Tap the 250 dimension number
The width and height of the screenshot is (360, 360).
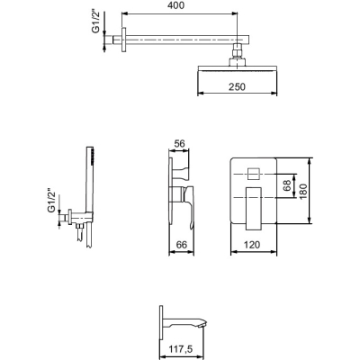click(237, 86)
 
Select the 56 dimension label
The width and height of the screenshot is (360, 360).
click(179, 143)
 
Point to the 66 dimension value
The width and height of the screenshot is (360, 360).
click(181, 245)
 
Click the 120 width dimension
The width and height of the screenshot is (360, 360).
click(252, 245)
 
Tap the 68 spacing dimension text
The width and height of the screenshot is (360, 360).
click(287, 185)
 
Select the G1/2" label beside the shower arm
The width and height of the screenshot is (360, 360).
click(95, 22)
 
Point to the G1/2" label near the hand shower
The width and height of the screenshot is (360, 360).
click(52, 201)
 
